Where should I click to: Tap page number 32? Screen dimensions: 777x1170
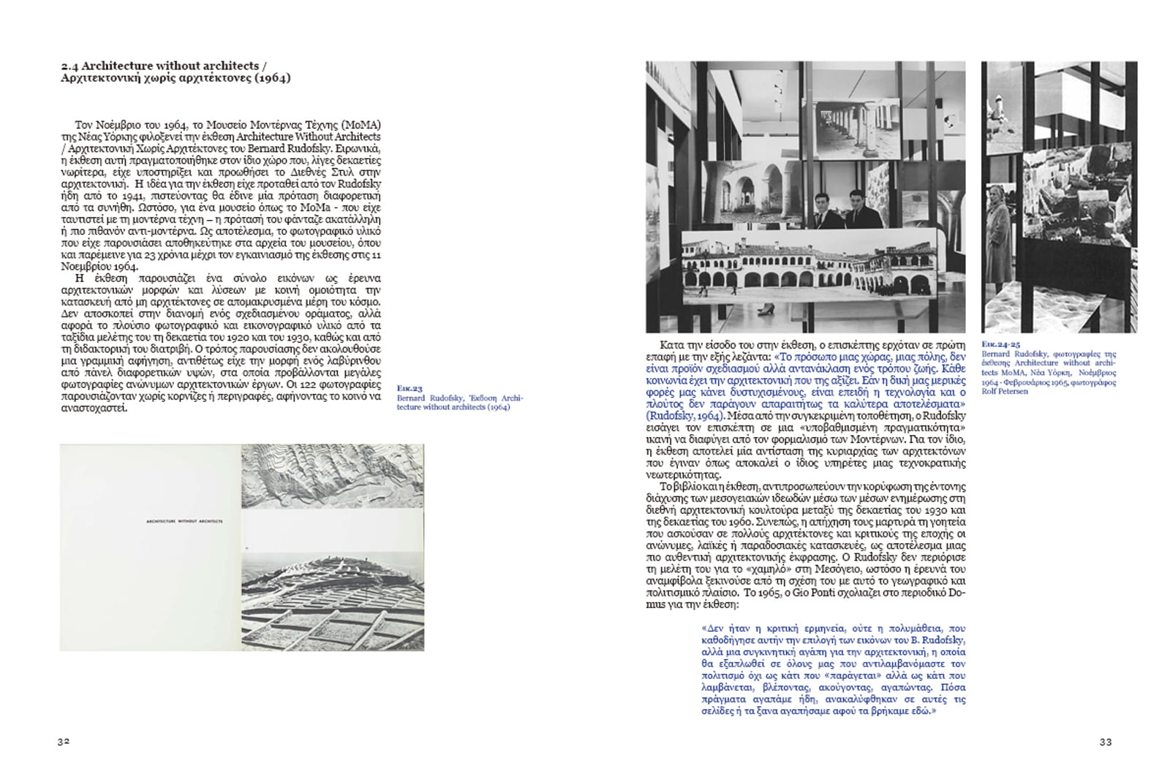click(64, 741)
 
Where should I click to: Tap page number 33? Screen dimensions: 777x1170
click(1106, 742)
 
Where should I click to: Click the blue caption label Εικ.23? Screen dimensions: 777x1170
click(409, 388)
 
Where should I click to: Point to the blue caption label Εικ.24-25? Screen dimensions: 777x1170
click(1000, 344)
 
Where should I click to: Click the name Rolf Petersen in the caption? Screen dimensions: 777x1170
click(1005, 391)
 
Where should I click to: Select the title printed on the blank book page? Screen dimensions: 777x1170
click(184, 521)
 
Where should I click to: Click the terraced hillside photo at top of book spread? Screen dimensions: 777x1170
click(332, 475)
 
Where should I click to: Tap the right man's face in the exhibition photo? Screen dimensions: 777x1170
click(857, 197)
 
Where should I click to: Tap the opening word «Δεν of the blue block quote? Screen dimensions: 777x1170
click(712, 628)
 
